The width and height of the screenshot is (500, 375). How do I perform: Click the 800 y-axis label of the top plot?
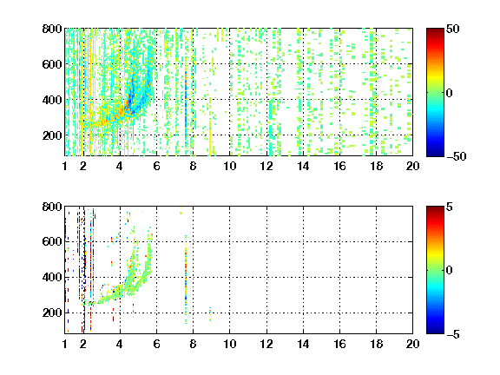52,29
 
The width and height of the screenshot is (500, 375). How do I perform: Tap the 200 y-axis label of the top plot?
52,135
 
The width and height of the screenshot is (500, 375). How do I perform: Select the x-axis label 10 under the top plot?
229,166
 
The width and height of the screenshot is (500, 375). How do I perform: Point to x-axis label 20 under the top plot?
412,166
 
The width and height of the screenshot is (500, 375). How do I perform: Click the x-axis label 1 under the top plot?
65,166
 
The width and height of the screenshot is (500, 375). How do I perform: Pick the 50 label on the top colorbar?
453,29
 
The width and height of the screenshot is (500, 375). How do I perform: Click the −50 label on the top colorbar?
457,156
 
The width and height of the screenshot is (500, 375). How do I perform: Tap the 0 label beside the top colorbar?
450,93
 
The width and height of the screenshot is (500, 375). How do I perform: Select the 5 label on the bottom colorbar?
450,207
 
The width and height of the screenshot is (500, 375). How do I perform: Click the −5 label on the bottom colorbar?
453,334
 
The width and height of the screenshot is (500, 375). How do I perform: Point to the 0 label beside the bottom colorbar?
450,271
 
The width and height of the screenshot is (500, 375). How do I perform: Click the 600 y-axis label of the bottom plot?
52,241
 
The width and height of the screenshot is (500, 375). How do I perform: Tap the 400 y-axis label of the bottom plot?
52,277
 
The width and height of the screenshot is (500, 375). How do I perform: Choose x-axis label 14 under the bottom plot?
303,344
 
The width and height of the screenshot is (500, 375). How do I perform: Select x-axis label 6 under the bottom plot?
156,344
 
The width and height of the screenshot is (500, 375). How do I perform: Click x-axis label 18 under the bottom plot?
376,344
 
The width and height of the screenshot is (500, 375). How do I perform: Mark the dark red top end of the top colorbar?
435,30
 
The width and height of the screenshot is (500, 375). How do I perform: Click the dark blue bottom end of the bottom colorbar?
435,332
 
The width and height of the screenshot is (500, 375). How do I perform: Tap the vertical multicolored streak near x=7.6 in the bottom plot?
186,279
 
